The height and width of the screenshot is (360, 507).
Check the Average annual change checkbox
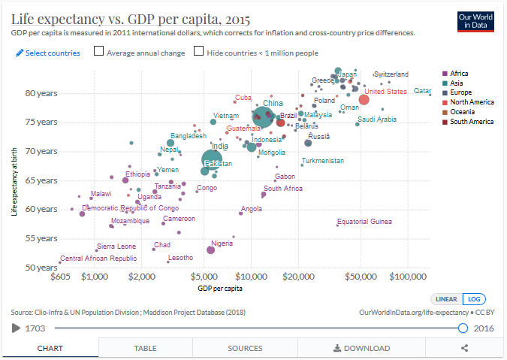(x=99, y=52)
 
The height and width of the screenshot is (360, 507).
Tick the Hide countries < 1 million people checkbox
(x=198, y=52)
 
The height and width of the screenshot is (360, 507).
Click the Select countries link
(x=47, y=53)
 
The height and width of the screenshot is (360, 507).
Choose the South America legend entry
(x=470, y=122)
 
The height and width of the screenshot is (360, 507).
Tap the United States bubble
(x=364, y=100)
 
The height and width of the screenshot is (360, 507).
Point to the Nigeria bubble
(x=211, y=250)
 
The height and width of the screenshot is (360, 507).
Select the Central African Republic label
(x=98, y=259)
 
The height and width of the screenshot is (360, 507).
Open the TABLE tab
(x=145, y=348)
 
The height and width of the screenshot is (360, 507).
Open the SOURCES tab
(x=245, y=348)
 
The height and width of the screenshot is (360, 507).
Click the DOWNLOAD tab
(x=362, y=348)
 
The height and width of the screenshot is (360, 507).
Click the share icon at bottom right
(x=465, y=348)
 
